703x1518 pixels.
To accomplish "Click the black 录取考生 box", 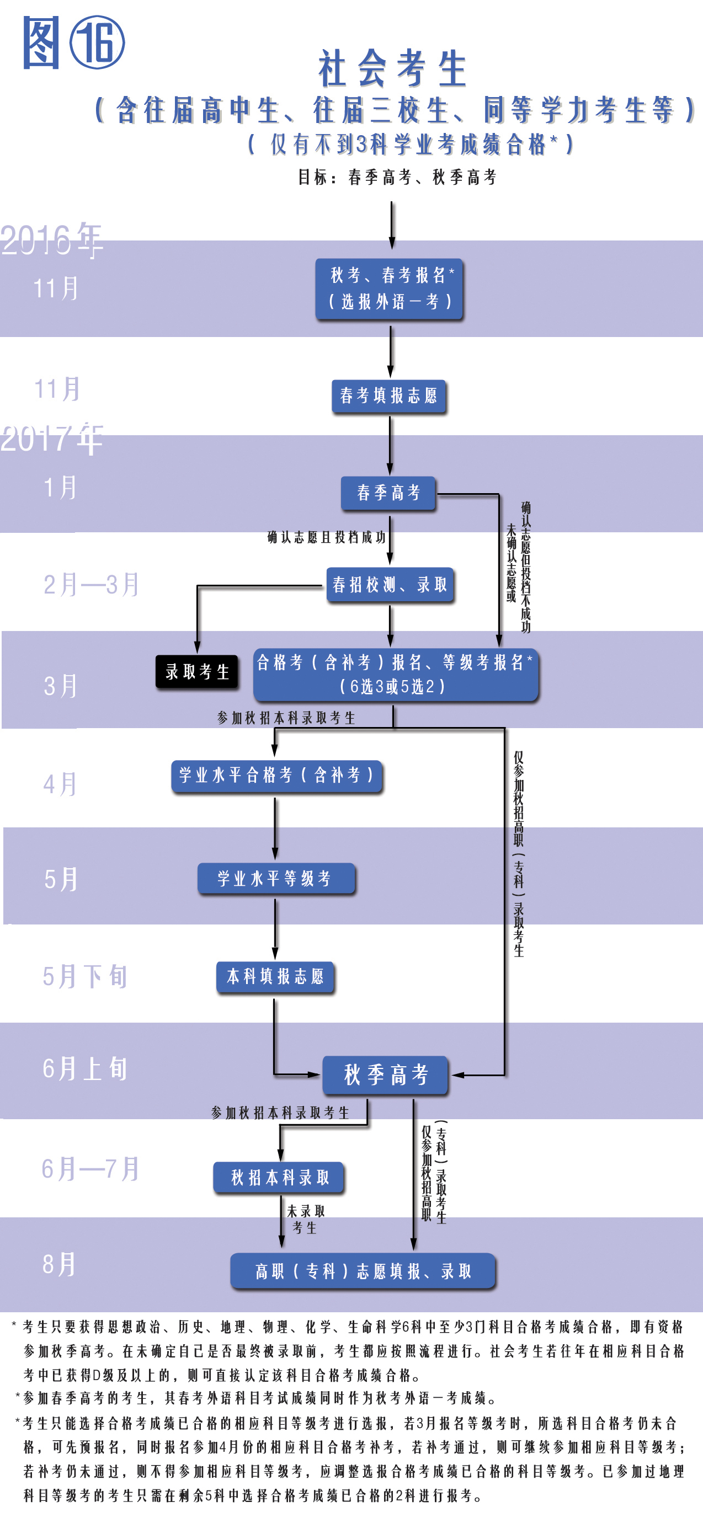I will coord(197,671).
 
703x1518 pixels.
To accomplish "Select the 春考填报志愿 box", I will coord(389,395).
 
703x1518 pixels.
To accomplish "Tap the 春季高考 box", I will coord(388,493).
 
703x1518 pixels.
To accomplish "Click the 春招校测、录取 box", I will coord(390,585).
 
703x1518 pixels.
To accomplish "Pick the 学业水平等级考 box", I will coord(275,879).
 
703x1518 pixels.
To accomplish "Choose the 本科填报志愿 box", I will coord(275,977).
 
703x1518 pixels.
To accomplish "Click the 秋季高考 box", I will coord(386,1075).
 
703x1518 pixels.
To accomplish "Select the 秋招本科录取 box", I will coord(279,1178).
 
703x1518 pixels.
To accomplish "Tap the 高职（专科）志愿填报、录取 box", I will coord(363,1271).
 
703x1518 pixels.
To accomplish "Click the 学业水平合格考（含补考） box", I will coord(276,775).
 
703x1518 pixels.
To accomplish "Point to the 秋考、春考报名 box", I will coord(390,288).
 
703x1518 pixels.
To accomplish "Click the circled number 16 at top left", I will coord(97,42).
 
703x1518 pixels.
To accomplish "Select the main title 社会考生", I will coord(392,68).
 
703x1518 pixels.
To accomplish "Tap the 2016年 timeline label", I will coord(52,239).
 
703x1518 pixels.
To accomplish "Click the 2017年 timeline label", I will coord(52,439).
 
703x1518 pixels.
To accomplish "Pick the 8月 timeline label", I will coord(59,1265).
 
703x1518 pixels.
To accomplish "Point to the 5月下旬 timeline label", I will coord(85,976).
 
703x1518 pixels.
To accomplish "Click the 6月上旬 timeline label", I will coord(85,1068).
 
